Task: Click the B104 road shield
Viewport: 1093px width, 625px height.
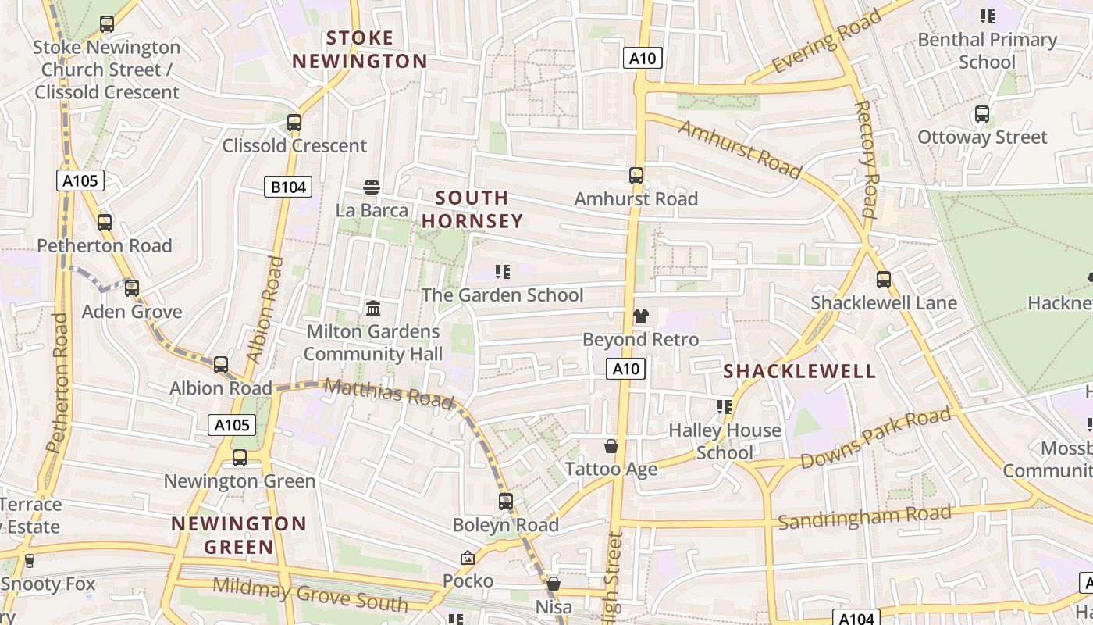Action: tap(288, 187)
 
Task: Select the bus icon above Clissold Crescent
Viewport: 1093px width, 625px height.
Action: tap(294, 122)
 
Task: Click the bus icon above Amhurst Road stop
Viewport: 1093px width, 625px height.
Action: tap(636, 175)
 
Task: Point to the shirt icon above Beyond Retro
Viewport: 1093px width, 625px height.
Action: tap(641, 316)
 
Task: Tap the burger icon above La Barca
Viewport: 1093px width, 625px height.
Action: tap(372, 187)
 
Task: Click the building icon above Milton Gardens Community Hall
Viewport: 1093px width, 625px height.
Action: tap(373, 308)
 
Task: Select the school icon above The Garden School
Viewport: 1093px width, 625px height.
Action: tap(503, 272)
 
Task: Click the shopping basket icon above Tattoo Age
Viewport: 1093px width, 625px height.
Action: tap(611, 446)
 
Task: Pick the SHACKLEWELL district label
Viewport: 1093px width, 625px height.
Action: tap(799, 371)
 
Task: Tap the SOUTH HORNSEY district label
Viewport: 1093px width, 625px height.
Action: tap(472, 209)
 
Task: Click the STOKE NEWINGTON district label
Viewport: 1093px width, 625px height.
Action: tap(360, 49)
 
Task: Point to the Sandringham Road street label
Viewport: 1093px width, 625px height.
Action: tap(864, 517)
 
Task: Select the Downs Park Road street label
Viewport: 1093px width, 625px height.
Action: tap(876, 439)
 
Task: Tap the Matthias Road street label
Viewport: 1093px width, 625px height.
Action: tap(388, 392)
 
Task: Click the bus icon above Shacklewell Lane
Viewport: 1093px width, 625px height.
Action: tap(884, 279)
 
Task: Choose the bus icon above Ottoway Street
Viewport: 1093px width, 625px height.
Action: tap(982, 114)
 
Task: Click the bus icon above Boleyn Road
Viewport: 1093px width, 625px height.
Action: tap(506, 501)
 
